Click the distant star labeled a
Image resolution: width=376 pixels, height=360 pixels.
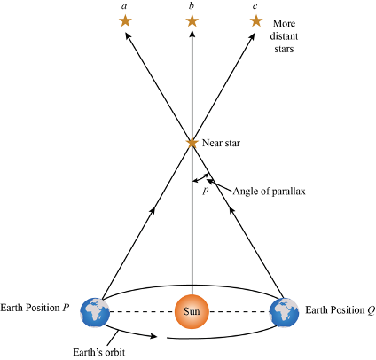point(125,21)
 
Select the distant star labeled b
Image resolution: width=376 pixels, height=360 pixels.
point(192,21)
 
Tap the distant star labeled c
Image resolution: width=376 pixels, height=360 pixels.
point(256,20)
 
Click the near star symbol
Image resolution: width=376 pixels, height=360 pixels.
point(192,143)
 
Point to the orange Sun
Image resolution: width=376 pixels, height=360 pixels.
point(192,311)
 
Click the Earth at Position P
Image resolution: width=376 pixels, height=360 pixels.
point(95,312)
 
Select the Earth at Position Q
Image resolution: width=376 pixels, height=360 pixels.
point(284,312)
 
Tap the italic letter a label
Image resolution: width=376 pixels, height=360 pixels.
point(124,6)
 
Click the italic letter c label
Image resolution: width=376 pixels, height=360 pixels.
point(255,6)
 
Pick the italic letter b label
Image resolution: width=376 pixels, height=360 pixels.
point(192,5)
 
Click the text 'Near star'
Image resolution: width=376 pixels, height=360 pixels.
point(221,143)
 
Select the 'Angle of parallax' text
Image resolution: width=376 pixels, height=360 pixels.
point(269,192)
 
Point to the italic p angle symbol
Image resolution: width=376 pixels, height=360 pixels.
point(206,191)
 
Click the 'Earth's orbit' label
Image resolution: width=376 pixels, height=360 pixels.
point(99,352)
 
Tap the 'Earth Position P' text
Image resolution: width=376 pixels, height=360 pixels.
point(35,308)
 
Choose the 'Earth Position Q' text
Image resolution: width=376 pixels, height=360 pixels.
point(341,310)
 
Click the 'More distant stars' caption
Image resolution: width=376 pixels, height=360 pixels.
point(284,36)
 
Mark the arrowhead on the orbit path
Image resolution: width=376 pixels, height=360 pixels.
point(153,336)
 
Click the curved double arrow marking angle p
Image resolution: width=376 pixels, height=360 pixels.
point(201,178)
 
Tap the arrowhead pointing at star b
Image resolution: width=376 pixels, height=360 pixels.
point(192,35)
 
